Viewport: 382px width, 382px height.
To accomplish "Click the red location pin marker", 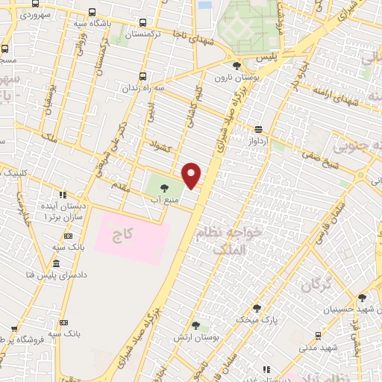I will [x=192, y=176].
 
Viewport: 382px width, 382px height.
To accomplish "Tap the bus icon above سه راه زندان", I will [x=142, y=75].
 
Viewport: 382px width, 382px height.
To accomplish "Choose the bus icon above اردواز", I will [x=258, y=128].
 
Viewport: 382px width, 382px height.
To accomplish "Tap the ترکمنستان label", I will [x=146, y=35].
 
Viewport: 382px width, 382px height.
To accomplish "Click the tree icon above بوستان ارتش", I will [x=195, y=325].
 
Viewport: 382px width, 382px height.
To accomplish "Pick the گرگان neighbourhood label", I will [x=316, y=284].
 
